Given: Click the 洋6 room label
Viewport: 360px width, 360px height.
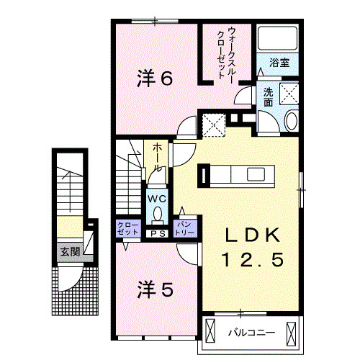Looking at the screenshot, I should coord(155,78).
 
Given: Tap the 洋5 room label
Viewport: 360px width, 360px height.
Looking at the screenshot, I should coord(155,289).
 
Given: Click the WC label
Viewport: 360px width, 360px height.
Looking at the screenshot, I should coord(157,197).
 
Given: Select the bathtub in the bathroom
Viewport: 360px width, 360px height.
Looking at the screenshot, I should coord(276,40).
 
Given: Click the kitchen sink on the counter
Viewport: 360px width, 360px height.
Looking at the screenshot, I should coord(255,175).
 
